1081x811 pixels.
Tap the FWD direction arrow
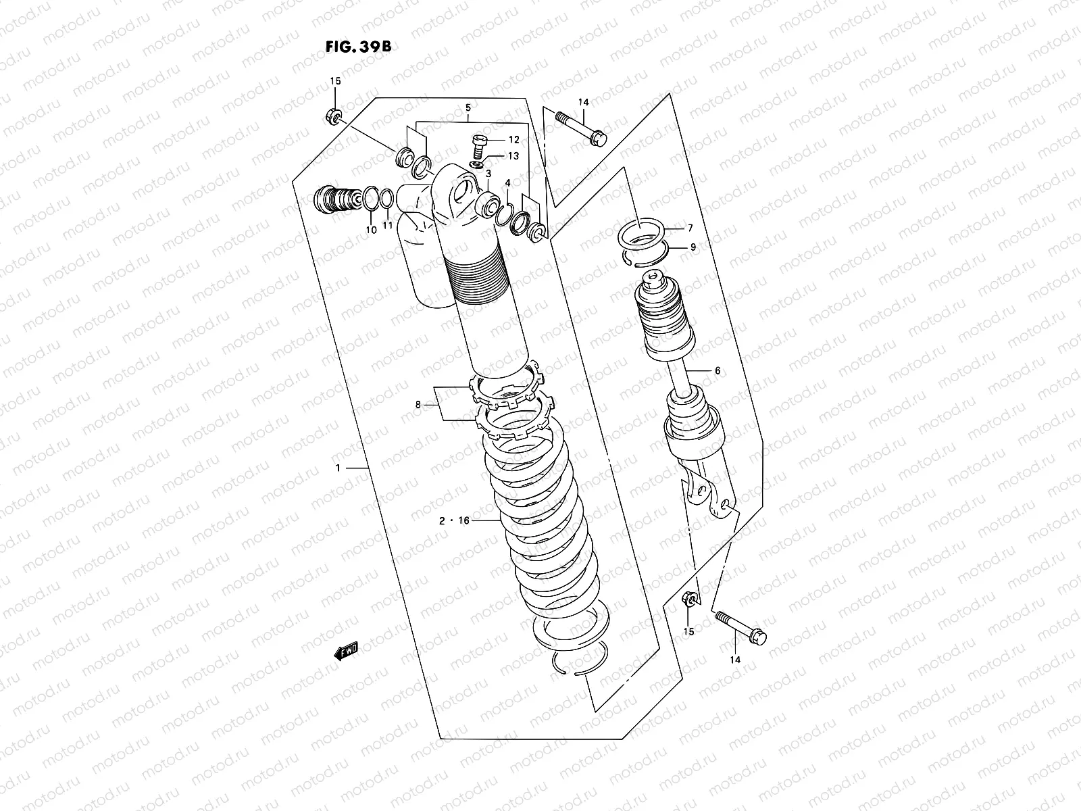(347, 651)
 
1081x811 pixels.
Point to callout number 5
(468, 108)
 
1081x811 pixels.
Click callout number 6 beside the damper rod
(717, 371)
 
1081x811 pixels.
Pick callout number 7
(690, 228)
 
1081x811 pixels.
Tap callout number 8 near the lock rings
(418, 405)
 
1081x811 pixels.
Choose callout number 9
(693, 247)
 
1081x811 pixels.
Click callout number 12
(513, 140)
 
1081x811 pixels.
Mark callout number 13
(513, 156)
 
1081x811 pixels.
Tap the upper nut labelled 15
(333, 116)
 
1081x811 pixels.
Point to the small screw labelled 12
(479, 143)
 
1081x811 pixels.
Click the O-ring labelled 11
(386, 199)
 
